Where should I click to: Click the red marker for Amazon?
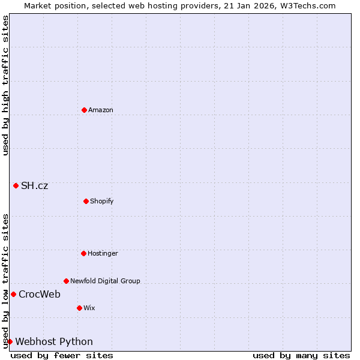84,110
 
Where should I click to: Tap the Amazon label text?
101,110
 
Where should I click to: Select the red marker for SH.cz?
16,185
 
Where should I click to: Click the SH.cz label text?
34,185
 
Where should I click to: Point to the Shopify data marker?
86,201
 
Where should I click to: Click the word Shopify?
102,201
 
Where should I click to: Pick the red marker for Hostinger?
83,253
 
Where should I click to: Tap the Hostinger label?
103,253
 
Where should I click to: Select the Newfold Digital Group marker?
66,281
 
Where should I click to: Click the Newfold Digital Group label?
105,281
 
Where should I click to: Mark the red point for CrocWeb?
13,294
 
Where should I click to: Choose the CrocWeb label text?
40,294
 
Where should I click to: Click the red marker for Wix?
79,308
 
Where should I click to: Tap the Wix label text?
89,308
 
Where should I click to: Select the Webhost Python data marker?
10,341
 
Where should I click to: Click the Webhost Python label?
54,341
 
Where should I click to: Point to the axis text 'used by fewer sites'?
62,355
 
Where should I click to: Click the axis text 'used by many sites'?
301,355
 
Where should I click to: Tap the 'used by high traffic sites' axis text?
5,85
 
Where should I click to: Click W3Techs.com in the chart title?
305,5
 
